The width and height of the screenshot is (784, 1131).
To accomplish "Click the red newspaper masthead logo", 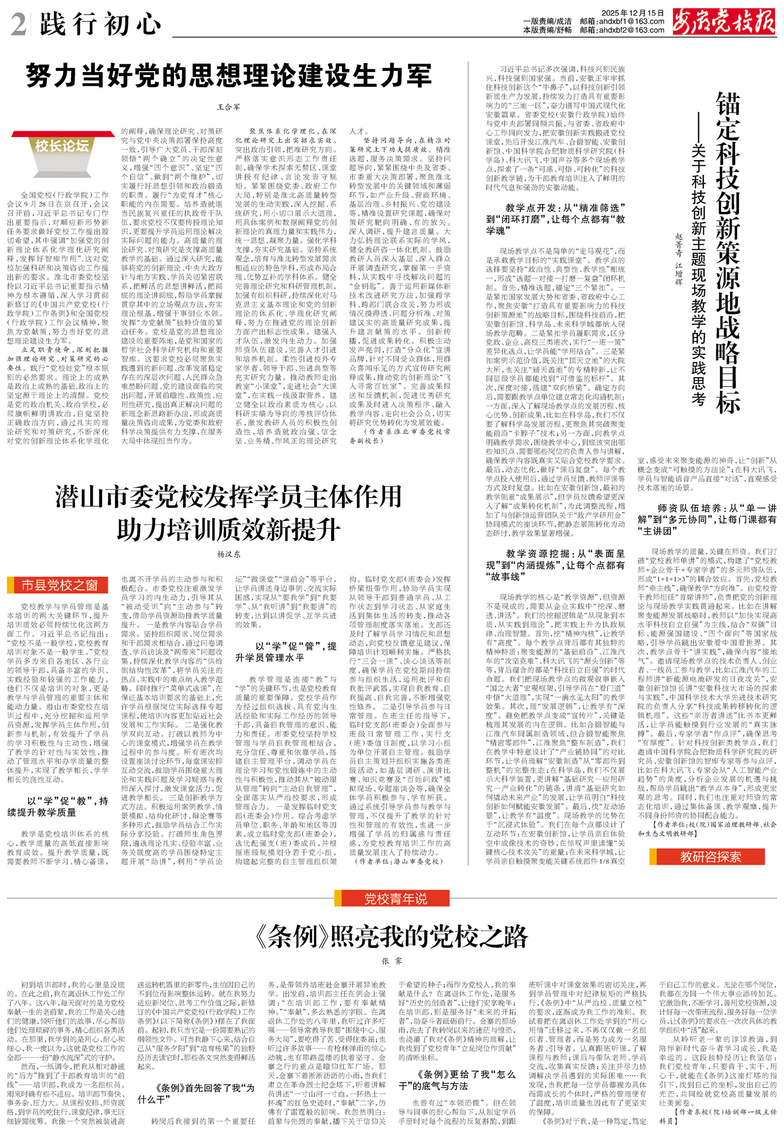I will pos(723,22).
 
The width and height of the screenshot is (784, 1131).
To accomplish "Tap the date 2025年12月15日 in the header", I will pos(632,12).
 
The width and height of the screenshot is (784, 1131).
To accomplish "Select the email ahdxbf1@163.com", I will pos(622,22).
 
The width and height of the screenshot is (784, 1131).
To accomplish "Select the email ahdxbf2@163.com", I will pos(622,30).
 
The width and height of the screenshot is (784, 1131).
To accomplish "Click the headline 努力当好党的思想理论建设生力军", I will pos(228,76).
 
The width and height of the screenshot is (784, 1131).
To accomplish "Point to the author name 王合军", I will pos(228,107).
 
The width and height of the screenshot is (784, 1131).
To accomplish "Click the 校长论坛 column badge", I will pos(62,146).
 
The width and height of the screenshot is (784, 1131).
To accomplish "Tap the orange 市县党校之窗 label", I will pos(59,585).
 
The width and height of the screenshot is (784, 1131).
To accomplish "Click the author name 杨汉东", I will pos(228,554).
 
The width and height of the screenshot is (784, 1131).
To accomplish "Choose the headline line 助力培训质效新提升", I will pos(228,530).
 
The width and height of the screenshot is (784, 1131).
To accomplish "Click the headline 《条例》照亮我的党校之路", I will pos(392,936).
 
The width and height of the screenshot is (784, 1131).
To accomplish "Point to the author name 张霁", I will pos(391,961).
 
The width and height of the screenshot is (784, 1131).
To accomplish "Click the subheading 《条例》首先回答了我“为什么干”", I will pos(196,1094).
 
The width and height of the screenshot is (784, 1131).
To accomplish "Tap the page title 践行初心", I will pos(101,24).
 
